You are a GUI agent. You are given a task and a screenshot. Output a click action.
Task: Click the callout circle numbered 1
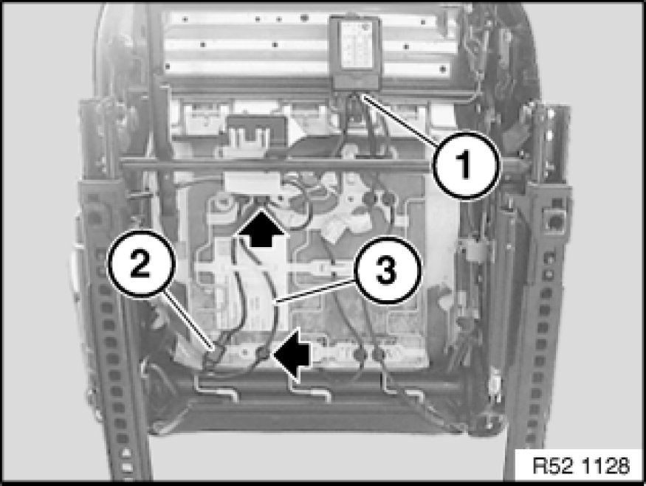tap(466, 164)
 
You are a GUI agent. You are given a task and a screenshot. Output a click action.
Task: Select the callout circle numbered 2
tap(140, 264)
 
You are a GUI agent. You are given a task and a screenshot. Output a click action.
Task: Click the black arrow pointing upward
tap(261, 228)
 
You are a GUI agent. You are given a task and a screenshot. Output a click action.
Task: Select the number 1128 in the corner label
tap(608, 466)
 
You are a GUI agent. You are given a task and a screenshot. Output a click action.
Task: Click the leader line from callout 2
tap(190, 321)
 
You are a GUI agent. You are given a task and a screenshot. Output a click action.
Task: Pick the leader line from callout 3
tap(315, 291)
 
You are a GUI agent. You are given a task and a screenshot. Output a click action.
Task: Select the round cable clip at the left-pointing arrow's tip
tap(263, 353)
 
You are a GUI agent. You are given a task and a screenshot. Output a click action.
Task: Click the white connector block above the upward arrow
tap(252, 184)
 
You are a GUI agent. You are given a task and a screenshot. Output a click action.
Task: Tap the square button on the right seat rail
tap(554, 221)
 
